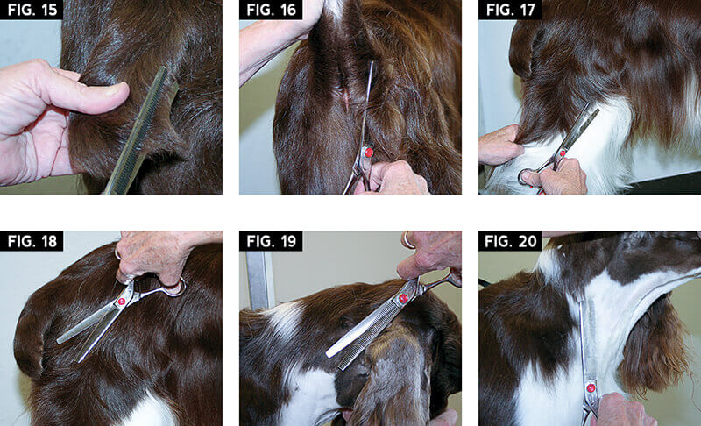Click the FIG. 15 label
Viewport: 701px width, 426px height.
pos(32,10)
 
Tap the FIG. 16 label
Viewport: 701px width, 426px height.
pos(272,10)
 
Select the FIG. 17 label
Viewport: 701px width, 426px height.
pos(511,10)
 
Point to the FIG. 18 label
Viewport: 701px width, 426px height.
pos(32,241)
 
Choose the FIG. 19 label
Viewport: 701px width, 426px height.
pos(272,241)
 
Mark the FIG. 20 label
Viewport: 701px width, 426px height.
pos(511,241)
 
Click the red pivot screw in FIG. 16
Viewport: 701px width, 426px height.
pos(369,153)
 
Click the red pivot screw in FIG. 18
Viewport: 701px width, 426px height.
pos(121,302)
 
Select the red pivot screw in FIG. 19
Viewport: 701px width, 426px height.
pos(403,298)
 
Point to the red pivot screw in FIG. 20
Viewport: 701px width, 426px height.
pos(591,388)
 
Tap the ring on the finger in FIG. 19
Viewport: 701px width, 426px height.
pos(407,239)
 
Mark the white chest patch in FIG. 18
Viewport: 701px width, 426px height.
pos(150,410)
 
